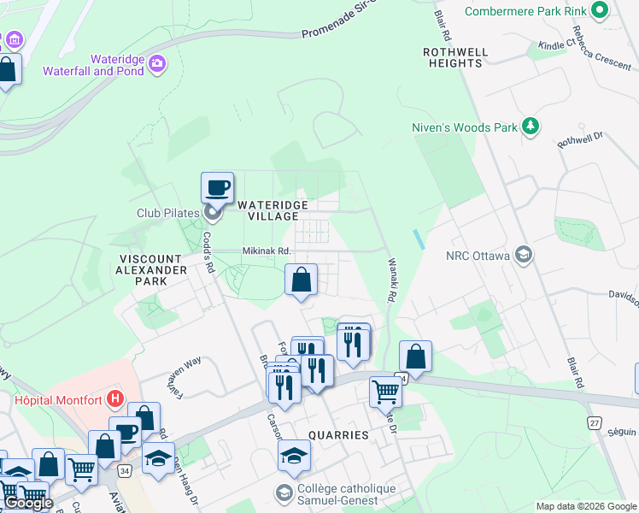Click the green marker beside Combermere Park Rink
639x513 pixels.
click(599, 10)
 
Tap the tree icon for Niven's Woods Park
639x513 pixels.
click(531, 127)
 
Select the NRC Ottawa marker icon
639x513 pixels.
click(524, 255)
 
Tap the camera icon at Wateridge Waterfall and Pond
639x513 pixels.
click(156, 63)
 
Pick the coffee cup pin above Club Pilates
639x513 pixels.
click(217, 187)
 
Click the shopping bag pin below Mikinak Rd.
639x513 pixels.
click(301, 280)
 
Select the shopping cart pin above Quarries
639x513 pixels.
click(385, 391)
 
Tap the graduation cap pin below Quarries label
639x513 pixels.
click(294, 455)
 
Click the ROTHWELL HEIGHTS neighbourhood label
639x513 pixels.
click(455, 57)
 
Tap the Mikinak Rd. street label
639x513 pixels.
click(267, 251)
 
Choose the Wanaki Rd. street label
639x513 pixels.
click(392, 281)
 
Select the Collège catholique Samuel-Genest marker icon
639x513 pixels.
click(283, 493)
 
